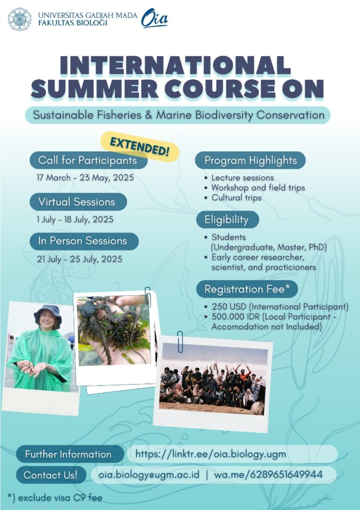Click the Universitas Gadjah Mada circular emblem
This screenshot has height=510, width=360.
tap(19, 19)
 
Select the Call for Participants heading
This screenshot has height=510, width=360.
tap(88, 160)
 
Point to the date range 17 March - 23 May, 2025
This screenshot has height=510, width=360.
tap(85, 178)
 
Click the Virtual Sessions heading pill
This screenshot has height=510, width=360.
tap(77, 202)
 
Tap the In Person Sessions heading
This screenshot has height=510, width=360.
tap(83, 241)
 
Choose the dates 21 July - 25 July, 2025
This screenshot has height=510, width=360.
tap(79, 259)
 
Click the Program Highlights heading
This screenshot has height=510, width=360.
tap(250, 160)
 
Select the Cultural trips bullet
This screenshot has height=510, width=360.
tap(236, 198)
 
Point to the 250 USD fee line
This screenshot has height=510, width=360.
tap(279, 306)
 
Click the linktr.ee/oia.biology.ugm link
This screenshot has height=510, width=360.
tap(211, 454)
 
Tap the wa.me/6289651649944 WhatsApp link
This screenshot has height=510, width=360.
tap(268, 475)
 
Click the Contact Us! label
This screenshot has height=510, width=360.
tap(51, 475)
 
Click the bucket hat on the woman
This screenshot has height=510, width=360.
tap(48, 313)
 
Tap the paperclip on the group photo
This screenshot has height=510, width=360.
tap(180, 341)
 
